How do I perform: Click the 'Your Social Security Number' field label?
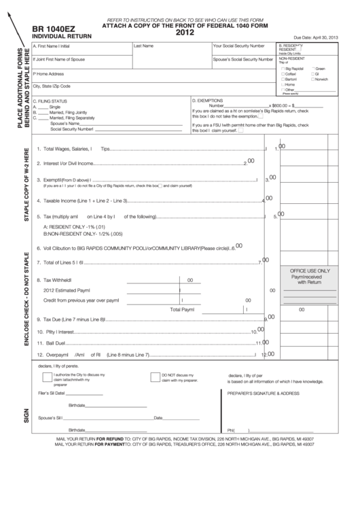coord(238,46)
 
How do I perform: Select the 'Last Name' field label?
coord(143,46)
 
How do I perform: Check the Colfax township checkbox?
coord(283,73)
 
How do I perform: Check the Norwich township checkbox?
coord(313,79)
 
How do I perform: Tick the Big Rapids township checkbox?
coord(283,69)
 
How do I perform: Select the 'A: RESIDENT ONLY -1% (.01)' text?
coord(74,226)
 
